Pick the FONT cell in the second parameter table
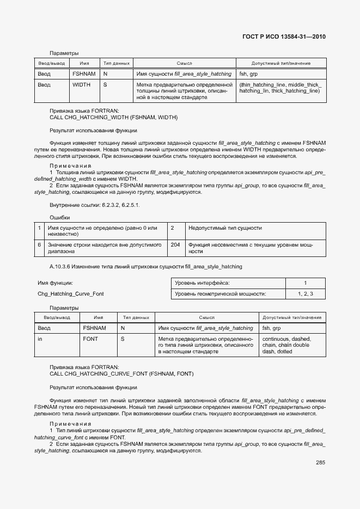coord(90,339)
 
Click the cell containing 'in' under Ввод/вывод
coord(40,339)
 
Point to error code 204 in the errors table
coord(175,245)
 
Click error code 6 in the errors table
coord(39,245)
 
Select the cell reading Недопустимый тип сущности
coord(225,228)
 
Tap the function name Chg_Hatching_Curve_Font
coord(70,294)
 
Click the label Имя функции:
coord(55,283)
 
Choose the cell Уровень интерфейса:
coord(202,283)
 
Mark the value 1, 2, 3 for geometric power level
coord(305,294)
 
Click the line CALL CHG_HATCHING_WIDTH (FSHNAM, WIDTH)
coord(113,117)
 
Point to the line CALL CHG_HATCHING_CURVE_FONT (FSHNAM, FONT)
coord(121,374)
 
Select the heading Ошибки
coord(59,217)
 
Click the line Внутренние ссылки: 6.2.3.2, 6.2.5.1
coord(94,205)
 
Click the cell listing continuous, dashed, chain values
coord(286,345)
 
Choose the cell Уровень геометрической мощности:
coord(220,294)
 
